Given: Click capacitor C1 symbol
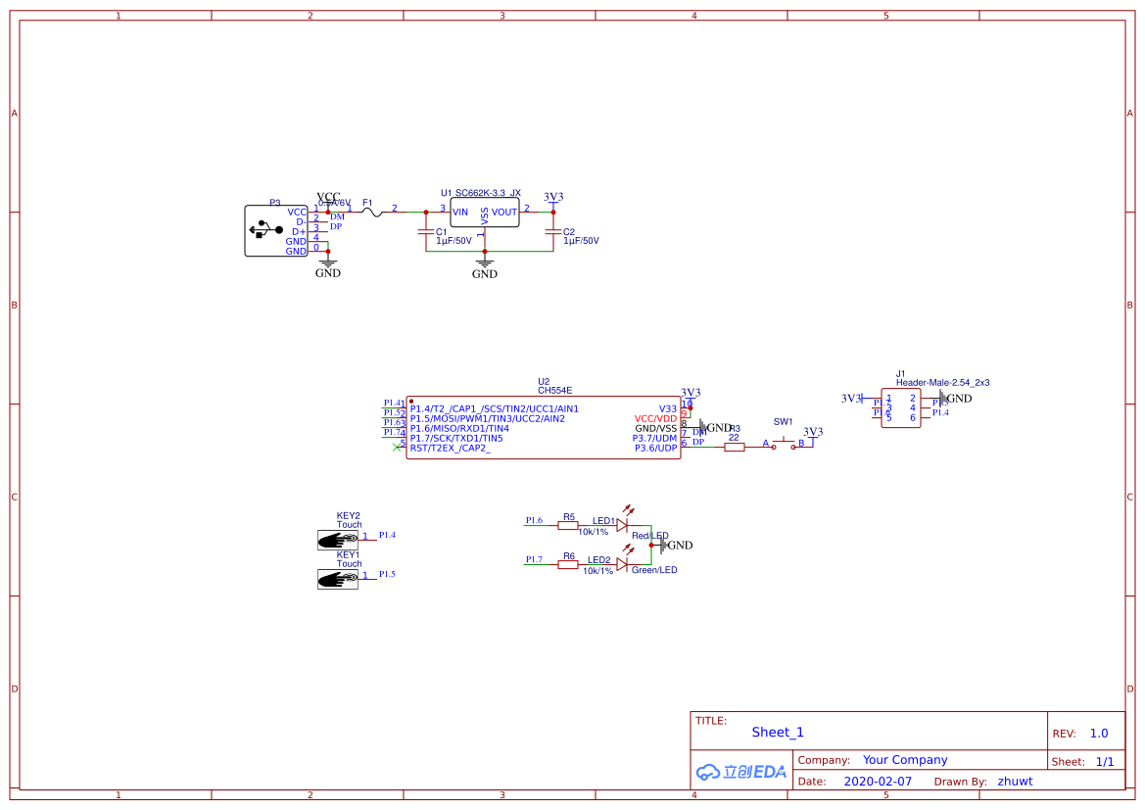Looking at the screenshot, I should pyautogui.click(x=425, y=232).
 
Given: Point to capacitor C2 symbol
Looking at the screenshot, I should pyautogui.click(x=552, y=232).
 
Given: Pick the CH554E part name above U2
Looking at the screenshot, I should pyautogui.click(x=554, y=390).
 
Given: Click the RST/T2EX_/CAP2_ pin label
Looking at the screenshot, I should pyautogui.click(x=451, y=448).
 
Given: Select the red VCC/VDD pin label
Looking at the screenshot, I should pyautogui.click(x=655, y=418).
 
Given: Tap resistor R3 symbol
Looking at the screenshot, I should pyautogui.click(x=735, y=447).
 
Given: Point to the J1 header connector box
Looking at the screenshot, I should pyautogui.click(x=900, y=407).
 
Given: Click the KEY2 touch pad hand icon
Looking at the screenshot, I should pyautogui.click(x=338, y=539).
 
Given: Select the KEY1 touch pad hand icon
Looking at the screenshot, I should pyautogui.click(x=338, y=578).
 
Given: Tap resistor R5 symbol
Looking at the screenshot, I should pyautogui.click(x=568, y=525).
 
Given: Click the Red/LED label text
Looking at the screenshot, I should pyautogui.click(x=649, y=536).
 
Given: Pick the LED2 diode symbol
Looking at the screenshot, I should pyautogui.click(x=621, y=564).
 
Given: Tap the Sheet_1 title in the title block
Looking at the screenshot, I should pyautogui.click(x=778, y=732).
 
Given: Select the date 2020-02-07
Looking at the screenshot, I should pyautogui.click(x=878, y=782).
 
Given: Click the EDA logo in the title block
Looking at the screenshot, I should pyautogui.click(x=741, y=772).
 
